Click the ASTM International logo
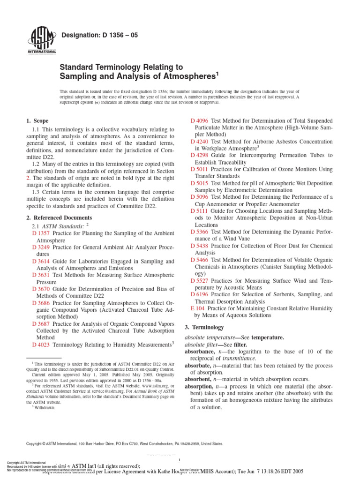pos(43,40)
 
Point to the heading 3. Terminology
pos(204,327)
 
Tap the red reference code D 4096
pos(200,121)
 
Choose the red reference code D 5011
pos(200,169)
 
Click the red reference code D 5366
pos(200,232)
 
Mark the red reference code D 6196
pos(200,294)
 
